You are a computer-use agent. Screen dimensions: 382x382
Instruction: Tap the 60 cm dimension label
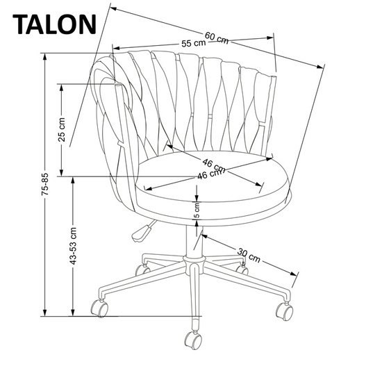pyautogui.click(x=217, y=38)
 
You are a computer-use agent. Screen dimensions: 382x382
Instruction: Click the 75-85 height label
pyautogui.click(x=44, y=185)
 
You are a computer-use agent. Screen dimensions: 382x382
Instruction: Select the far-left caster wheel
pyautogui.click(x=100, y=306)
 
